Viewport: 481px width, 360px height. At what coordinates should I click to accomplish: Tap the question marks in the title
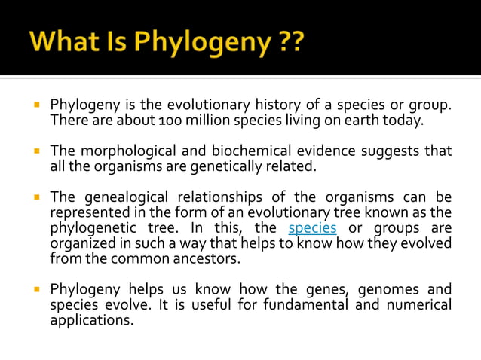[289, 39]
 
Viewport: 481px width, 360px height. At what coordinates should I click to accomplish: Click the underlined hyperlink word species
[313, 227]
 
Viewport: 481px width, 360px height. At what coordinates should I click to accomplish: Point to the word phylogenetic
[94, 227]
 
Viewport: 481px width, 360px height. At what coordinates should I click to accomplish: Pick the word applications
[90, 319]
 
